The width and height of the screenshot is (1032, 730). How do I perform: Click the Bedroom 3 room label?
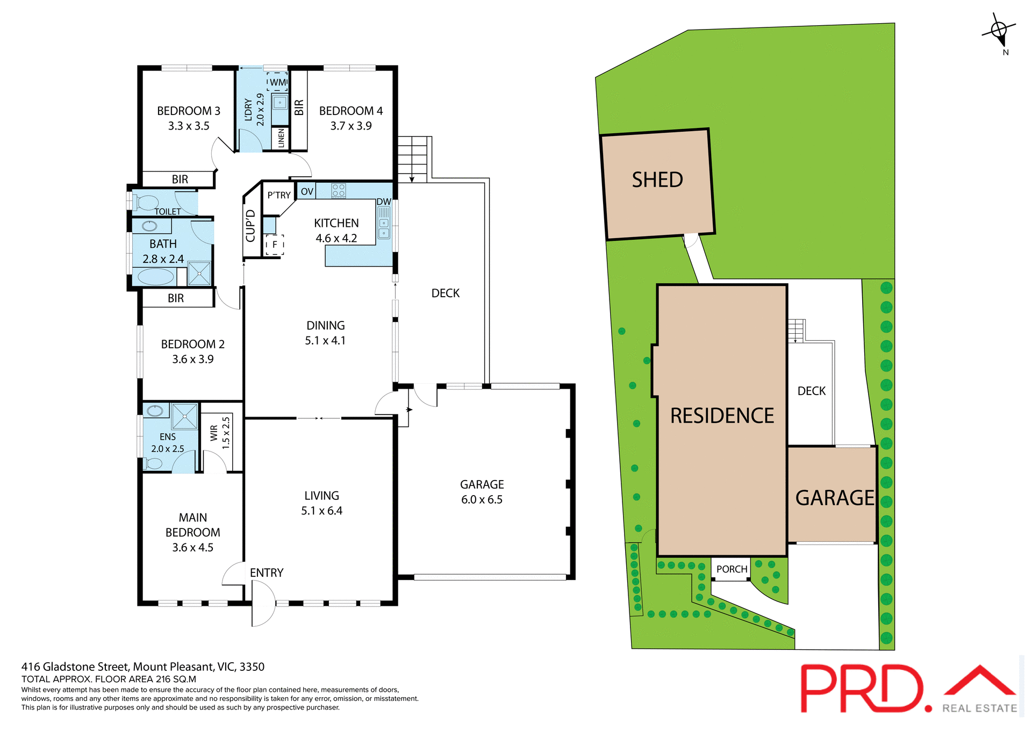coord(188,111)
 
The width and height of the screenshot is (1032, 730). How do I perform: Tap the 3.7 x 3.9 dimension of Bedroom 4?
coord(350,126)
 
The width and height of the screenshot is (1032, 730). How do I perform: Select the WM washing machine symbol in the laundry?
coord(277,82)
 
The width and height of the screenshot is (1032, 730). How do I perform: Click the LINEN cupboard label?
coord(281,138)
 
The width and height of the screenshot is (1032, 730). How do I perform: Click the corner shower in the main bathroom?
coord(199,274)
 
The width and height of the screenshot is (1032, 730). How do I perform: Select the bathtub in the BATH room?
coord(156,277)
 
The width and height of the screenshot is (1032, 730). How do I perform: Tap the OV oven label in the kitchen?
coord(307,191)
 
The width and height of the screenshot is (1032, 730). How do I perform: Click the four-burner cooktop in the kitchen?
coord(339,190)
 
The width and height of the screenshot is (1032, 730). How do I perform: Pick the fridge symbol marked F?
coord(275,245)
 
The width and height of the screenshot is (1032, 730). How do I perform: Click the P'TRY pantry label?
coord(279,195)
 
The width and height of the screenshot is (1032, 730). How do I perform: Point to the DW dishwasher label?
coord(384,202)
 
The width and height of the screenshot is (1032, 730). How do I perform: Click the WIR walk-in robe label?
coord(214,433)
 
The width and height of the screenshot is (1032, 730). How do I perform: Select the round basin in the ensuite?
coord(155,411)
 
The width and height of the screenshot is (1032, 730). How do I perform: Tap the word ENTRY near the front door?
coord(267,573)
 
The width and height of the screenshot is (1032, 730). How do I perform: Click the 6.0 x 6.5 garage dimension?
coord(482,499)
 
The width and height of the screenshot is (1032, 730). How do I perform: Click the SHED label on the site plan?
coord(657,180)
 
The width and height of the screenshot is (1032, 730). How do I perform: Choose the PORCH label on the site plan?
coord(732,569)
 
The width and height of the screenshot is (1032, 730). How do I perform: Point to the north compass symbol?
coord(999,30)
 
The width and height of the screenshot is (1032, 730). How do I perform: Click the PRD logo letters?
coord(863,689)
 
